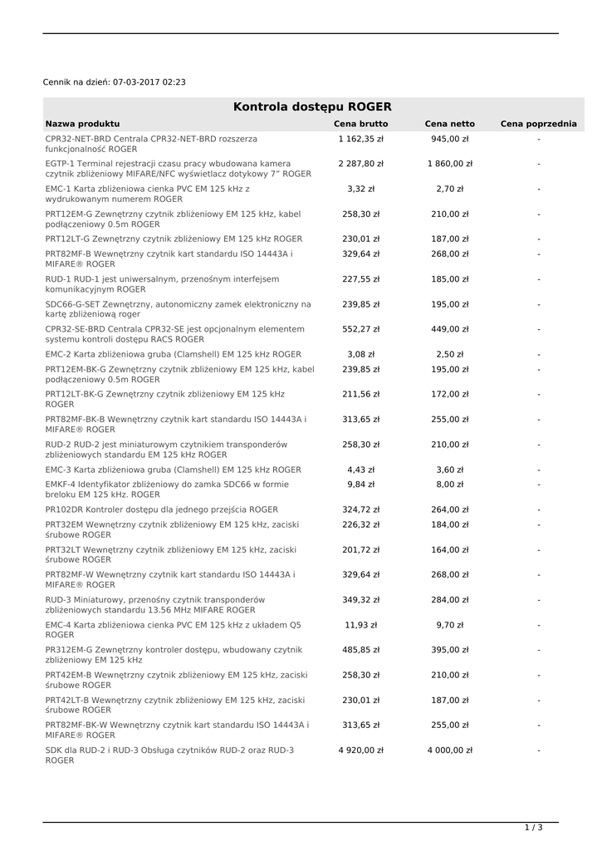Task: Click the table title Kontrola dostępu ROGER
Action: coord(312,106)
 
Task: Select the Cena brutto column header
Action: coord(360,124)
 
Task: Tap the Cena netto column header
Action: coord(449,124)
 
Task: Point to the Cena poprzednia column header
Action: coord(538,124)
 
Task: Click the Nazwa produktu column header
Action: coord(82,124)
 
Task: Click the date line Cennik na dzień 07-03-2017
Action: coord(115,82)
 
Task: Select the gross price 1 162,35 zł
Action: coord(360,139)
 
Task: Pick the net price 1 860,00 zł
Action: coord(449,164)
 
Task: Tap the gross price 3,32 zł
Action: coord(360,189)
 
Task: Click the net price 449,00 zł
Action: coord(449,329)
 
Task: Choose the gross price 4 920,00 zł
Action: coord(360,750)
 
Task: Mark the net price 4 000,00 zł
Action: coord(449,750)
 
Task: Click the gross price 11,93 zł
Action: coord(360,624)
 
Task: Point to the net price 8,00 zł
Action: coord(449,484)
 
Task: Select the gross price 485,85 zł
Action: coord(360,650)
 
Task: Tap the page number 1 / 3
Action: coord(533,827)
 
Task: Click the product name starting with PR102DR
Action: coord(162,509)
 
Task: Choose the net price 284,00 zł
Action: coord(449,599)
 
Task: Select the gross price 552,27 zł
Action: coord(360,329)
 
